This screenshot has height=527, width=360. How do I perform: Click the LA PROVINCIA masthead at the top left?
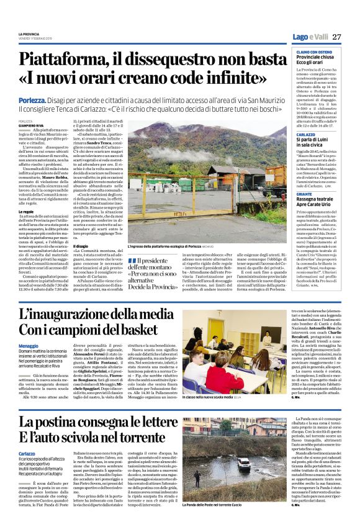coord(29,34)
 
